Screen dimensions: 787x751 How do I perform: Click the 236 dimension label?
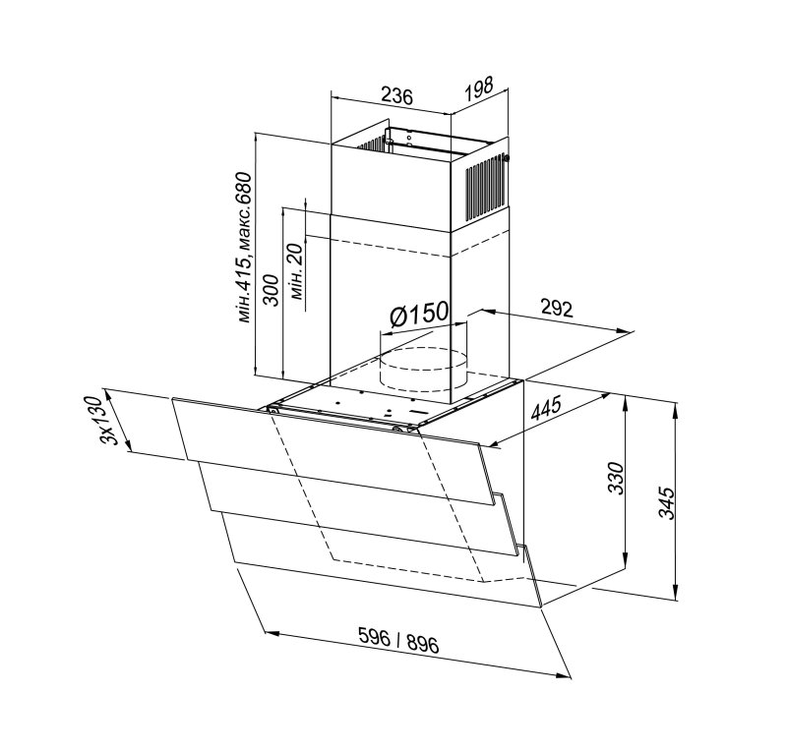tap(396, 95)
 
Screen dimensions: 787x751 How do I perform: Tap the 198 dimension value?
tap(479, 88)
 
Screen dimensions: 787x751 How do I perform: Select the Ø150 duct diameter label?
tap(419, 314)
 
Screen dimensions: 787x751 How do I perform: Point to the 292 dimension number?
tap(557, 309)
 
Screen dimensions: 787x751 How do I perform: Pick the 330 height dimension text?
tap(616, 478)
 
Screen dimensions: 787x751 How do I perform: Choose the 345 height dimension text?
tap(667, 502)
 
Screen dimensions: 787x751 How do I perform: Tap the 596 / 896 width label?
tap(398, 641)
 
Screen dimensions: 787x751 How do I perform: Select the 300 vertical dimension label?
tap(272, 289)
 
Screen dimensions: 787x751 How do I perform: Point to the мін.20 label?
tap(296, 271)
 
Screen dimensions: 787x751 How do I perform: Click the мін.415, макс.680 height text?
tap(244, 247)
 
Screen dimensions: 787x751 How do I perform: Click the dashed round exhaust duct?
tap(423, 370)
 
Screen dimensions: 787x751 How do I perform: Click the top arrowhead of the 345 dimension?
tap(677, 409)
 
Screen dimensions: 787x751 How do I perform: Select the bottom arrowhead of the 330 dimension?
tap(626, 560)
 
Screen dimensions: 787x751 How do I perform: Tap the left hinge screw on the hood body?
tap(273, 410)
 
